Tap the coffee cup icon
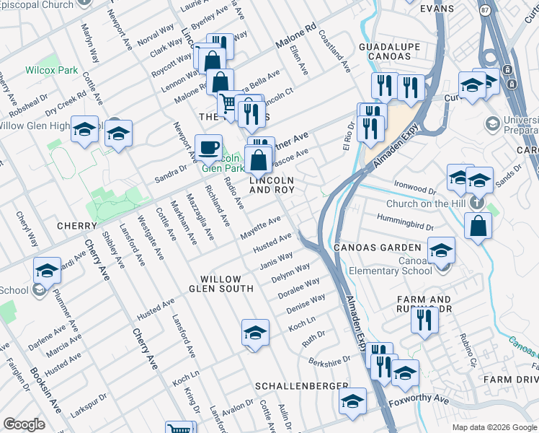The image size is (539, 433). tap(208, 147)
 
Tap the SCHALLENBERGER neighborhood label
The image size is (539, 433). tap(301, 387)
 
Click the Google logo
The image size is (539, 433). tap(24, 424)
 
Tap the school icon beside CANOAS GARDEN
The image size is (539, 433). tap(441, 250)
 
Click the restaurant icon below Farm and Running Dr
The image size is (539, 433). tap(424, 318)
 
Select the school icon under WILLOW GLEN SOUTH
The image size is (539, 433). tap(255, 332)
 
